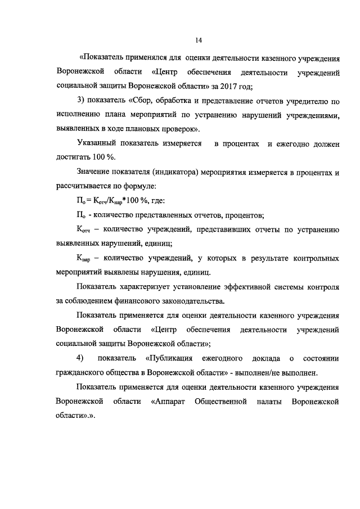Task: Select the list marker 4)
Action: pyautogui.click(x=80, y=358)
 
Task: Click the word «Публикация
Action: pyautogui.click(x=170, y=358)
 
